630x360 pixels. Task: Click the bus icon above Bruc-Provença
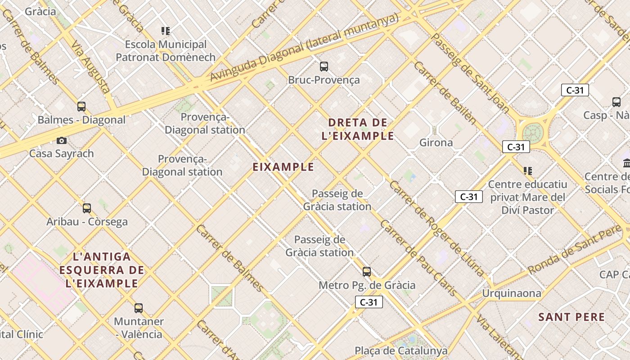pyautogui.click(x=324, y=67)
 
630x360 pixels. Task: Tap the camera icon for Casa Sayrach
pyautogui.click(x=62, y=140)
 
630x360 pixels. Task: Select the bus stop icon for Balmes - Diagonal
pyautogui.click(x=81, y=107)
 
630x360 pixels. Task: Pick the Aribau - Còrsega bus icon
pyautogui.click(x=87, y=208)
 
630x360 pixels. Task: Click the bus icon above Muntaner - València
pyautogui.click(x=139, y=308)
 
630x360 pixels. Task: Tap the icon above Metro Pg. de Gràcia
pyautogui.click(x=367, y=272)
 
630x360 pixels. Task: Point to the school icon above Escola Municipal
pyautogui.click(x=166, y=31)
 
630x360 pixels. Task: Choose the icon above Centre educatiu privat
pyautogui.click(x=528, y=171)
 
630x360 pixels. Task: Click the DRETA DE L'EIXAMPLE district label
pyautogui.click(x=358, y=129)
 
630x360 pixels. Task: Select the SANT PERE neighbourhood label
pyautogui.click(x=571, y=317)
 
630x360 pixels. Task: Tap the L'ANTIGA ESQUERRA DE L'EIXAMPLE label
pyautogui.click(x=102, y=270)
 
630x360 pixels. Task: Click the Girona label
pyautogui.click(x=436, y=143)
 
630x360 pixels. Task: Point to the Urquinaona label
pyautogui.click(x=512, y=293)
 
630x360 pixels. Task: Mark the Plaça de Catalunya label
pyautogui.click(x=401, y=351)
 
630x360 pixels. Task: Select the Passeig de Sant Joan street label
pyautogui.click(x=470, y=72)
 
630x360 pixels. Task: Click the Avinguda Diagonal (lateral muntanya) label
pyautogui.click(x=304, y=48)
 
